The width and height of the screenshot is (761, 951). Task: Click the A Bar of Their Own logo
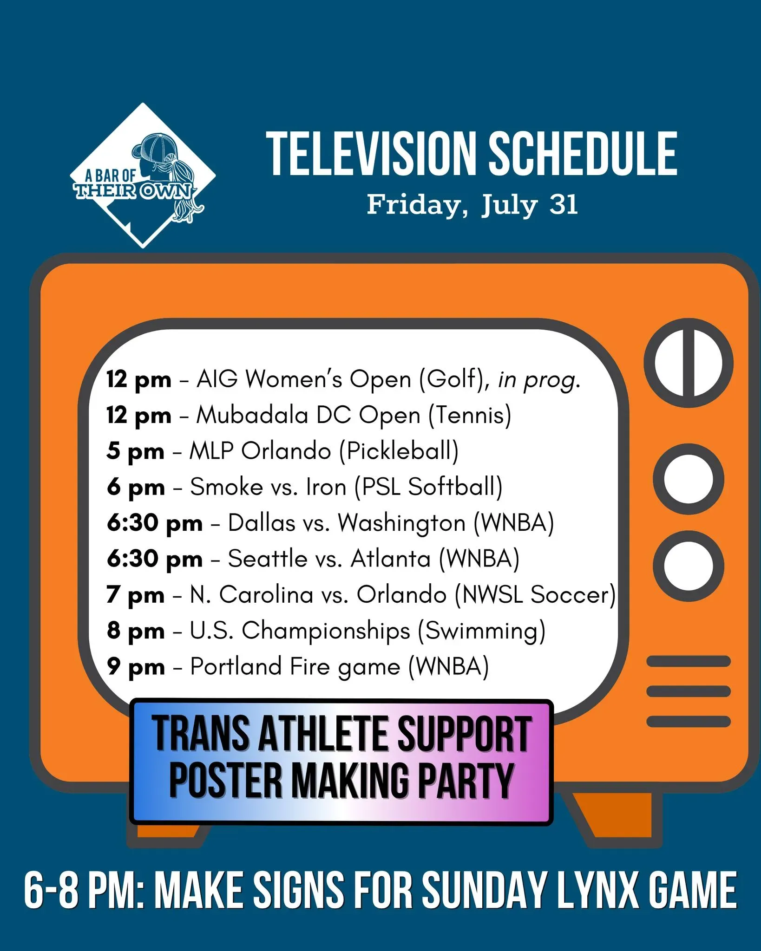[x=143, y=176]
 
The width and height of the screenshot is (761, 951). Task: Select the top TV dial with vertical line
[x=689, y=363]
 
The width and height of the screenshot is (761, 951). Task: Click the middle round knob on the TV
[x=689, y=479]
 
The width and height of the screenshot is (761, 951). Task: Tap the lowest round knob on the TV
[x=689, y=567]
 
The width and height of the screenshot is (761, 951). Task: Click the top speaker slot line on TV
[x=689, y=661]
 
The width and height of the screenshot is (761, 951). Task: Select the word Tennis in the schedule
[x=470, y=415]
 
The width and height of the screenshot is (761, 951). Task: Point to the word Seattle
[x=268, y=559]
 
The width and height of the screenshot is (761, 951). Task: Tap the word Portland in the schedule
[x=236, y=667]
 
